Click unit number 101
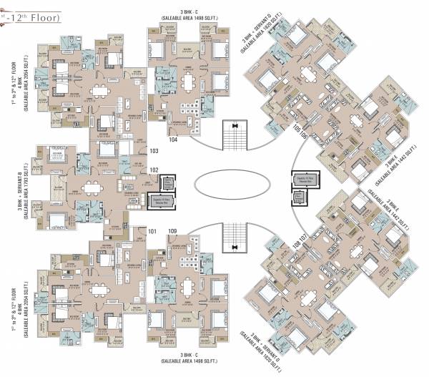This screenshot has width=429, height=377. point(152,230)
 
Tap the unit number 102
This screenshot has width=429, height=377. point(153,170)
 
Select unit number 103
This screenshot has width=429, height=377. point(153,151)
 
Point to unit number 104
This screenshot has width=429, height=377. point(173,140)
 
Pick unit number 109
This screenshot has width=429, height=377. point(172,230)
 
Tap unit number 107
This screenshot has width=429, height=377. point(303,237)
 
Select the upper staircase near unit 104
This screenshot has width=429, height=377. point(235,135)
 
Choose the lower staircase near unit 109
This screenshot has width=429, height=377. point(235,237)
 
